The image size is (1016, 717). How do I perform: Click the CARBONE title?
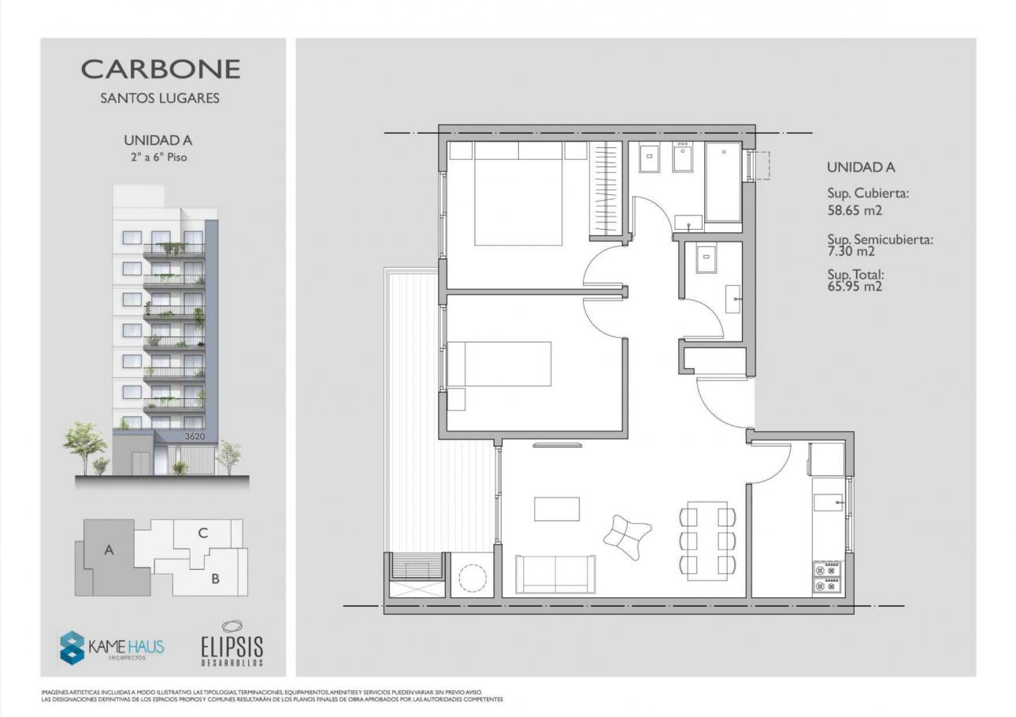pos(161,69)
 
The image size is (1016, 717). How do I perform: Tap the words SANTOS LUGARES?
pos(160,98)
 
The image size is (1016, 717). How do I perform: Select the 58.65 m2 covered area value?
pos(855,210)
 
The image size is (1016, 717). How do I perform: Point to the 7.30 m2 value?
pos(851,251)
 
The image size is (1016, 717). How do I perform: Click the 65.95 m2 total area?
pos(855,286)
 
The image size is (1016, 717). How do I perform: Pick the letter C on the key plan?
pos(202,533)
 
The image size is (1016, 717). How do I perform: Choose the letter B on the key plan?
pos(216,578)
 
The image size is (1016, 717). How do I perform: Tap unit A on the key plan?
pos(109,550)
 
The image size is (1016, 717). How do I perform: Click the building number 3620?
pos(194,437)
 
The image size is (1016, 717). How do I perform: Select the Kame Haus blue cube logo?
pos(72,648)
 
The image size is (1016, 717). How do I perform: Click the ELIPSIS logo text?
pos(232,646)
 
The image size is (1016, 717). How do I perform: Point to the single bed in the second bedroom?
pos(499,364)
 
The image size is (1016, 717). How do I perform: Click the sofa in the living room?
pos(555,574)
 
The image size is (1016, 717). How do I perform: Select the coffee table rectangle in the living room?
pos(557,509)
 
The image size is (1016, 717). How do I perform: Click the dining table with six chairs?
pos(707,541)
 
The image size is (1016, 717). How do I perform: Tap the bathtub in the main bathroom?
pos(724,182)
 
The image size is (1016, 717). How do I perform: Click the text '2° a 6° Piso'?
pos(159,157)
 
